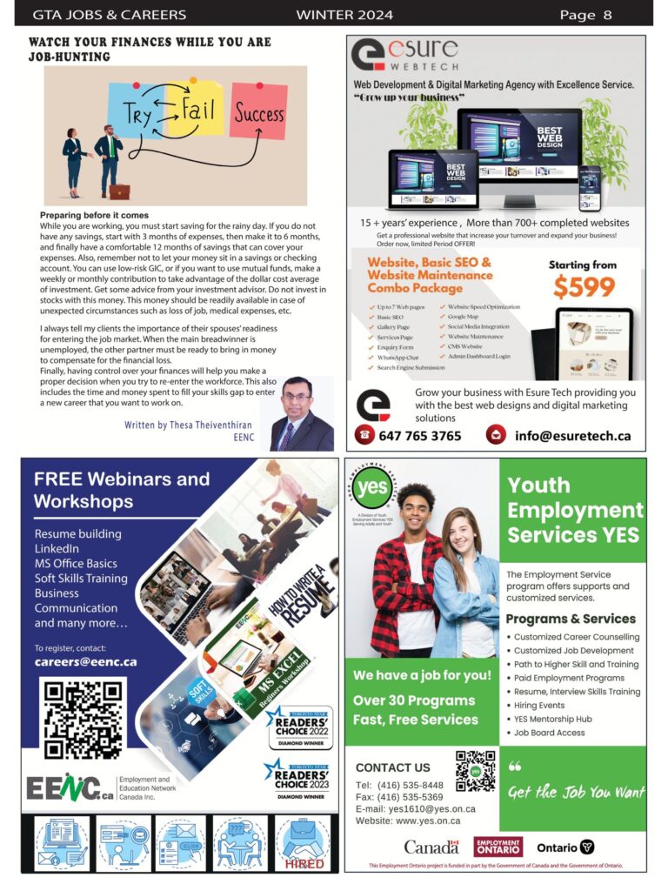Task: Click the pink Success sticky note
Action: [258, 111]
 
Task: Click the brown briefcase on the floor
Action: [119, 191]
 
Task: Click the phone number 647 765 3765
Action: [420, 435]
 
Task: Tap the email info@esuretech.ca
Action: [572, 435]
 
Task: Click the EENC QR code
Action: [83, 719]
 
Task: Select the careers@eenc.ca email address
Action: [85, 661]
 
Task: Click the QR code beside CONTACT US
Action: [475, 770]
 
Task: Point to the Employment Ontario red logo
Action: [498, 847]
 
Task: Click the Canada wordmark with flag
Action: [431, 847]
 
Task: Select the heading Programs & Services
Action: [571, 619]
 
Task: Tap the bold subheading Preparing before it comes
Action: [94, 215]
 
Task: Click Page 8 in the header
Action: [585, 14]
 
